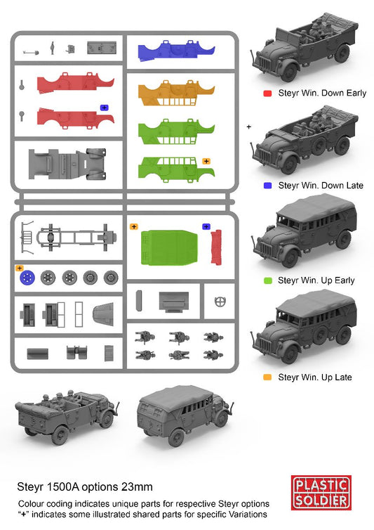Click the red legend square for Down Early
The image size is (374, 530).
[267, 93]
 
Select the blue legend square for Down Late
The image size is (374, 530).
[267, 186]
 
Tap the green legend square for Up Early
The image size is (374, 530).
[267, 280]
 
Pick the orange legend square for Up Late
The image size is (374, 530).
[267, 377]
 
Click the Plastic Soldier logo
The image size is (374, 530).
[321, 492]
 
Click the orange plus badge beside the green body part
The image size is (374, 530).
[206, 161]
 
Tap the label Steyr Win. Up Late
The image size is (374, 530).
[314, 377]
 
